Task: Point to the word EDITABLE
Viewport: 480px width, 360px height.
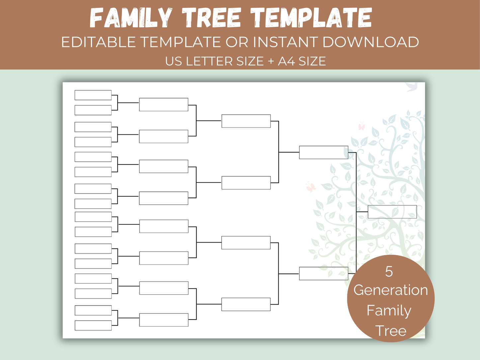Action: coord(98,42)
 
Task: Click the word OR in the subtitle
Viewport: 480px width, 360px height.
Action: coord(237,42)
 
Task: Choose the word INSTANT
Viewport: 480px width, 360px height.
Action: coord(286,42)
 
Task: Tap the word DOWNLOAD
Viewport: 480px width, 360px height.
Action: coord(370,42)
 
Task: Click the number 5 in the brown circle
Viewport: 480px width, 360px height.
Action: coord(389,272)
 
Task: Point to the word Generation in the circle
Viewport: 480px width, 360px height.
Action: coord(391,290)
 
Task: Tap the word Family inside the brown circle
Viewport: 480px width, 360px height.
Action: coord(389,311)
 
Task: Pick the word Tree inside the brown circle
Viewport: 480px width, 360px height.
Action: coord(391,331)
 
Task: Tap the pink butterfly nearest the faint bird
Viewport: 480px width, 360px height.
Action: coord(361,127)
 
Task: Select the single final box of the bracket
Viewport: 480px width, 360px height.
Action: coord(392,212)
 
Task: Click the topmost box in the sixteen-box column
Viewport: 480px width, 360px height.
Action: coord(93,95)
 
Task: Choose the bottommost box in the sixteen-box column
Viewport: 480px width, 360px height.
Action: coord(93,325)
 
